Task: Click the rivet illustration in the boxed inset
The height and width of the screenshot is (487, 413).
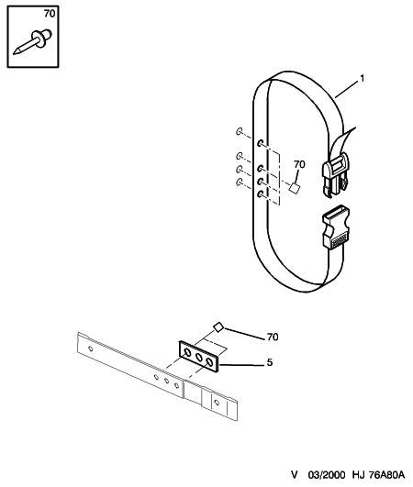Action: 33,41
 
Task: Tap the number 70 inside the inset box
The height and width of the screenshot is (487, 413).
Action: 50,14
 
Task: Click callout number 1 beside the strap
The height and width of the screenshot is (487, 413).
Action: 362,79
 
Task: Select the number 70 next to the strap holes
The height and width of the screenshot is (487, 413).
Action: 299,164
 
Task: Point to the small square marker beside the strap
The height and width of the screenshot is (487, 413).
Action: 294,188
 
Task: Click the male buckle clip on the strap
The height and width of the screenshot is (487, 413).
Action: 335,175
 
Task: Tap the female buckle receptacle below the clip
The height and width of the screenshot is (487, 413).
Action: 336,227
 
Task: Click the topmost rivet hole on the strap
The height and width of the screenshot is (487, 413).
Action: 261,143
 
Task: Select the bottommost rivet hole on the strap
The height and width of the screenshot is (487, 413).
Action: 261,194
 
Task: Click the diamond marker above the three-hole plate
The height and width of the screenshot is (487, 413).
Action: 218,327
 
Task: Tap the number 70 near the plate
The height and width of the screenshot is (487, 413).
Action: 273,337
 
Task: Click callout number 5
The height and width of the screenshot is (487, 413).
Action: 270,362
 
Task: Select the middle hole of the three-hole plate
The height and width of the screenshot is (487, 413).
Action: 198,357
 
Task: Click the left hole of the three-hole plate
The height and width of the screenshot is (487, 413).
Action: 188,352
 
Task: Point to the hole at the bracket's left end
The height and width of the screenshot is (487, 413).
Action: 91,349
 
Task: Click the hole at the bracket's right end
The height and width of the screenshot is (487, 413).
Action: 217,403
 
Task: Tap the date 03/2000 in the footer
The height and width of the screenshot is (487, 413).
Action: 327,475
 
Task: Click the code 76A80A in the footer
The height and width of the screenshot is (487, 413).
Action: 387,475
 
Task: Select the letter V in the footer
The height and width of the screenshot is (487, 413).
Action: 295,475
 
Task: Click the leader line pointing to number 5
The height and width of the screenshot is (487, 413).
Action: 241,365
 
